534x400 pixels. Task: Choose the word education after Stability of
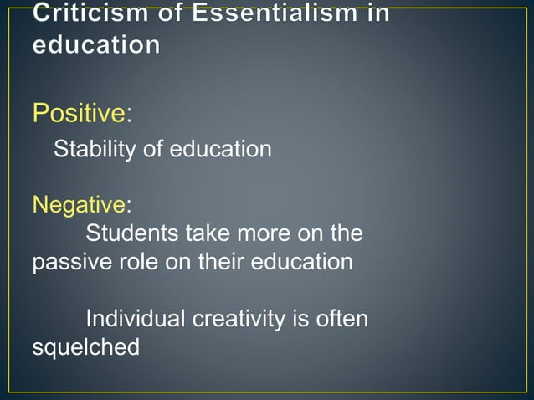tap(221, 150)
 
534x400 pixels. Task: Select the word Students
tap(136, 232)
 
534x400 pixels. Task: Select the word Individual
tap(136, 319)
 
